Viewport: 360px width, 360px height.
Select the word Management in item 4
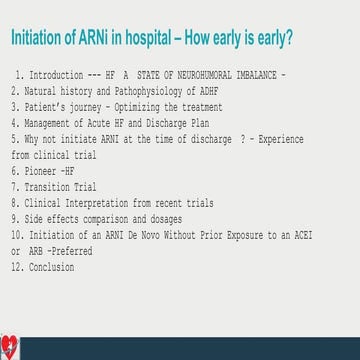pos(51,117)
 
